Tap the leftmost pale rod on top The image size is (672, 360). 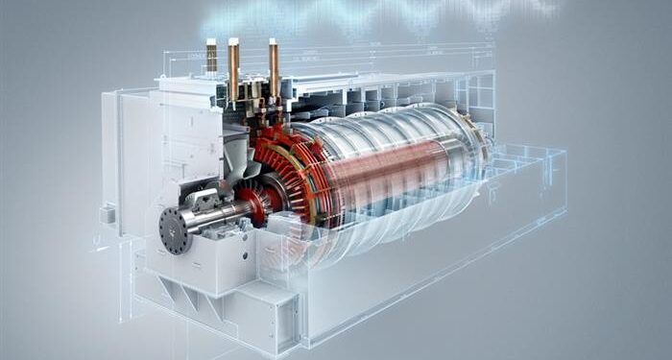(211, 57)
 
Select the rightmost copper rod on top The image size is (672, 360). (274, 67)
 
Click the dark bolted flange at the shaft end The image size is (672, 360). (176, 231)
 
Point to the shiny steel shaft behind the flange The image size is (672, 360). (216, 216)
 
